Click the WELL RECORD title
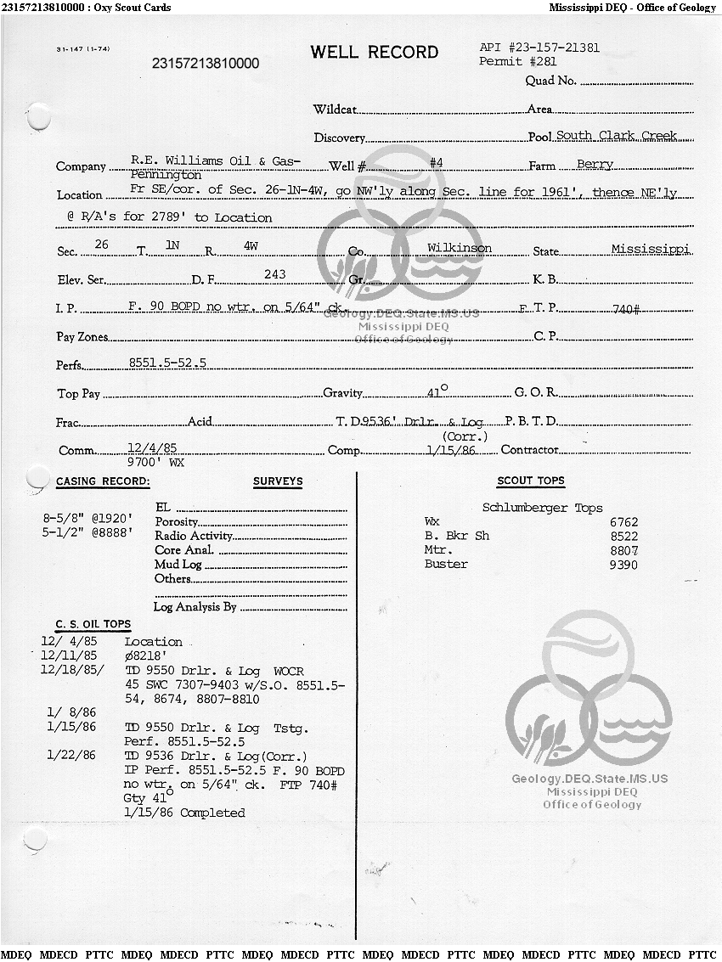374,53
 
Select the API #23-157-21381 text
539,48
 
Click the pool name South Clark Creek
617,136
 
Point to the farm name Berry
595,164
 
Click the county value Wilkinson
460,248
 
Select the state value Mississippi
650,249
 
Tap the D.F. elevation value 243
275,274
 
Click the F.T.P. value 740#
625,309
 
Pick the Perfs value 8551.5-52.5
167,363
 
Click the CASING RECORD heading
103,481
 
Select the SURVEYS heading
278,481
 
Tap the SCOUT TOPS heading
531,481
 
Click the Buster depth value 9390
623,564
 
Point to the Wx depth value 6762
623,522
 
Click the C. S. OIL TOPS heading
93,624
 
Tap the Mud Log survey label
178,565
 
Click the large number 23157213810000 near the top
206,64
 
